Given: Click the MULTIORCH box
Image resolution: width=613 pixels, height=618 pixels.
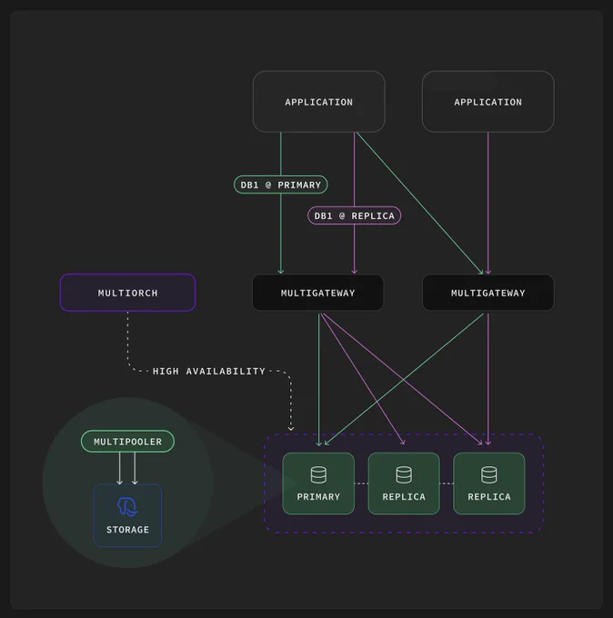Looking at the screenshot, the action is [127, 293].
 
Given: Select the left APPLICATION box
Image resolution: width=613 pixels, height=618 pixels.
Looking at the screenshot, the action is [318, 102].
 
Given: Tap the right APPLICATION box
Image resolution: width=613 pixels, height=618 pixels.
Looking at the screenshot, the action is [488, 102].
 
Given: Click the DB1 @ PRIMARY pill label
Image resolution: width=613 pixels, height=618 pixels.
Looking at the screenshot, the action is [280, 184].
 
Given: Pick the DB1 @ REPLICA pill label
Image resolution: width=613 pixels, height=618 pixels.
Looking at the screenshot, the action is [354, 215].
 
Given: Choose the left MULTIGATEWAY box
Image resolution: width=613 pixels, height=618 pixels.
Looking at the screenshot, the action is [318, 293].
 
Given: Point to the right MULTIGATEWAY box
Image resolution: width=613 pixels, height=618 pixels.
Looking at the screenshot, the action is [488, 293].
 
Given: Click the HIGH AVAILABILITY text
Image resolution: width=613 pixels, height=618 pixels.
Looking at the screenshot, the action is [208, 372].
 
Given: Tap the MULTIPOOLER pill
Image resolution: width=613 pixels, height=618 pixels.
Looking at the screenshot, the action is [127, 442].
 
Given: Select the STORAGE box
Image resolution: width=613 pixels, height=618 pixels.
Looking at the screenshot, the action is [127, 515].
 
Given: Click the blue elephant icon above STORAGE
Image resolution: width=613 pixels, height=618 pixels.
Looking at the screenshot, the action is [127, 506].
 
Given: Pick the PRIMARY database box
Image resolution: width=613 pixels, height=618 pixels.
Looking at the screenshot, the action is [318, 483].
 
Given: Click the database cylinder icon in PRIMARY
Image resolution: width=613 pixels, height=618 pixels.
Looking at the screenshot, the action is [318, 475].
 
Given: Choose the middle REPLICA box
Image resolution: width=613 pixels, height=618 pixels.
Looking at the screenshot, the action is [404, 483].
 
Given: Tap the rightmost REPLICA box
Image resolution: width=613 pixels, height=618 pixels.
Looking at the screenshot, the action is [489, 483].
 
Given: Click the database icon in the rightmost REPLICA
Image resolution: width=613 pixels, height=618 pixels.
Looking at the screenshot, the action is [489, 475].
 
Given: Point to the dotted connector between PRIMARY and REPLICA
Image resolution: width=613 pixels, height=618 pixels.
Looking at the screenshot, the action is [361, 483].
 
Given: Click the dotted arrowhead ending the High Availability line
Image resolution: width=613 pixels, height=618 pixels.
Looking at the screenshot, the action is [291, 429].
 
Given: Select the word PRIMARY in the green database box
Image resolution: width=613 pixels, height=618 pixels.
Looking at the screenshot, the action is [318, 496].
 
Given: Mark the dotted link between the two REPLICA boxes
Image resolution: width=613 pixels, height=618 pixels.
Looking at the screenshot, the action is [447, 483].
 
